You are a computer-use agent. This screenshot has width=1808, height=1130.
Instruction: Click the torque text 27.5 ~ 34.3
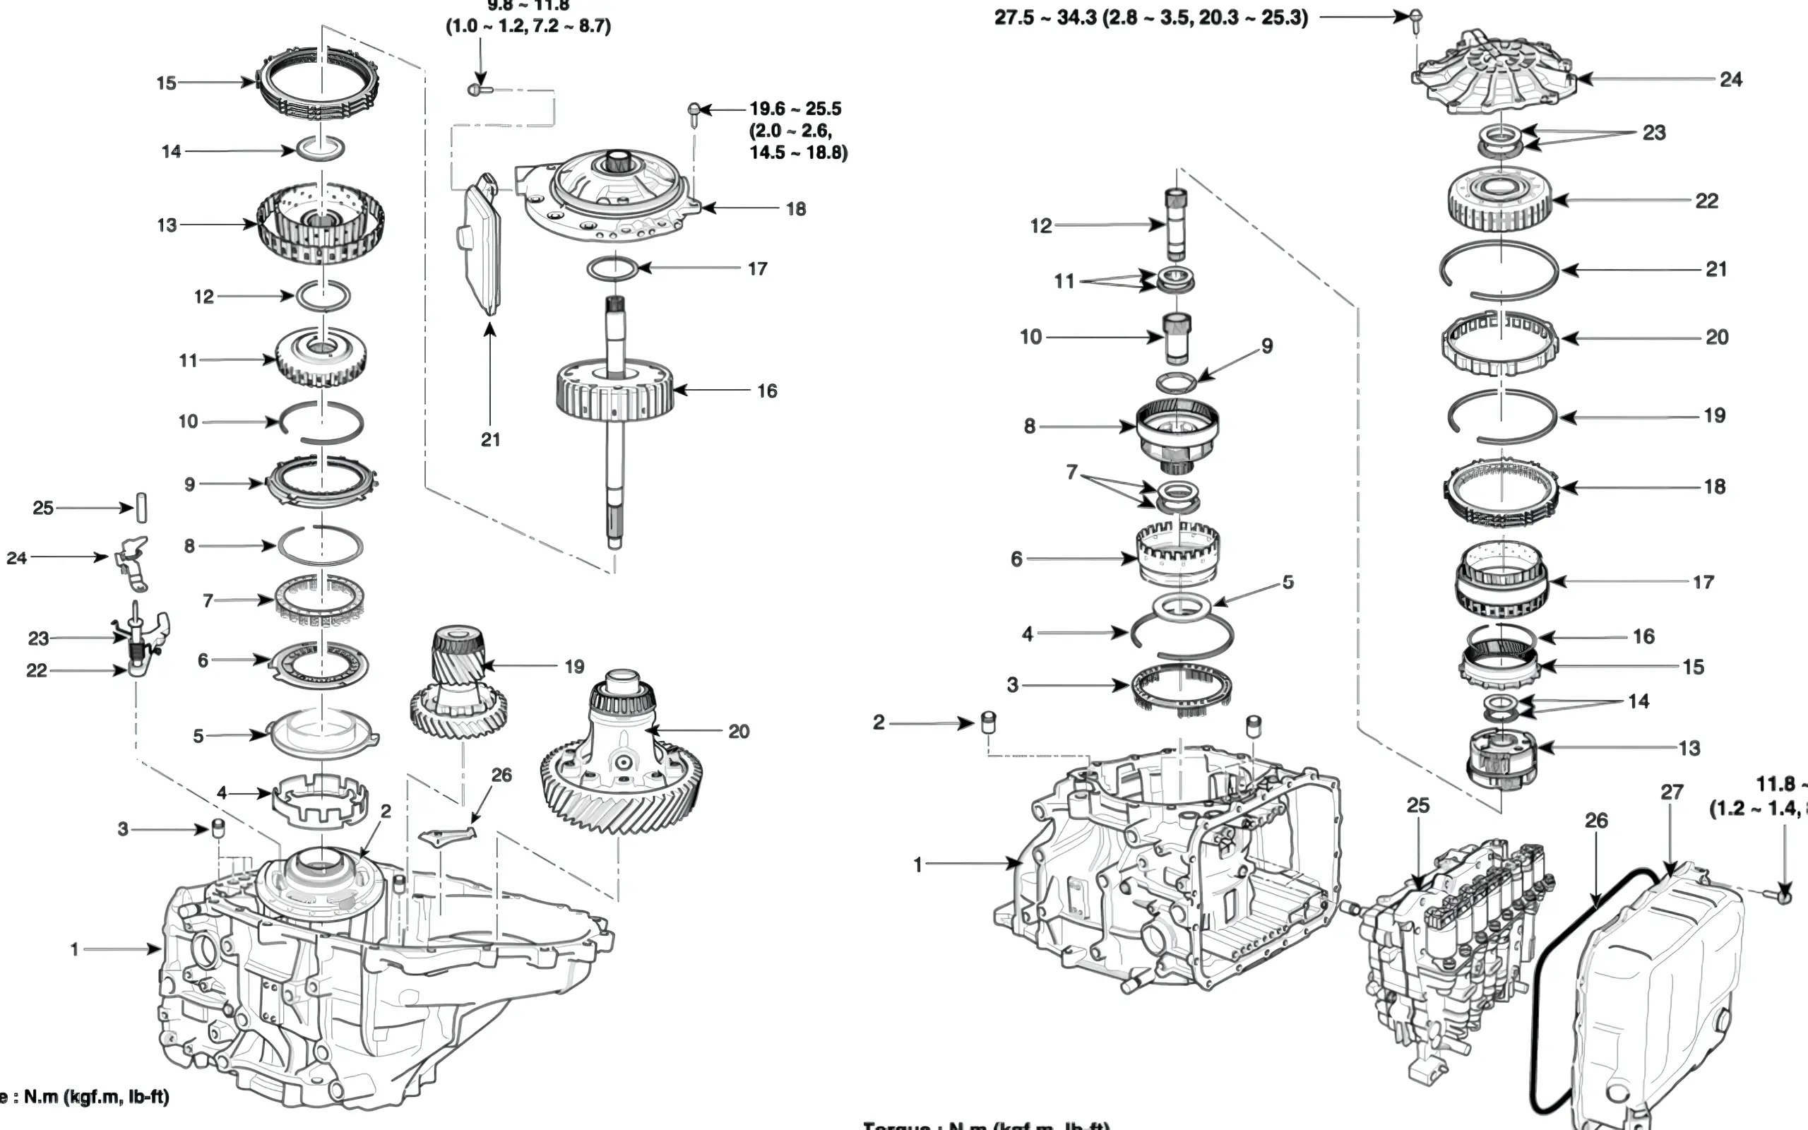1150,17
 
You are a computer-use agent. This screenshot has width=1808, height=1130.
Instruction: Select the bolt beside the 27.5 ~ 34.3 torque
1415,18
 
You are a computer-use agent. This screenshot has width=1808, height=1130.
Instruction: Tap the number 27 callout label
1672,792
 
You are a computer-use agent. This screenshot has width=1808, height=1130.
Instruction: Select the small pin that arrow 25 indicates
141,509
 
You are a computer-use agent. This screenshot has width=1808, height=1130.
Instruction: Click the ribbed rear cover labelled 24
1494,75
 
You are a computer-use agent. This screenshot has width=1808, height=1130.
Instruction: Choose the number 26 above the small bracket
501,775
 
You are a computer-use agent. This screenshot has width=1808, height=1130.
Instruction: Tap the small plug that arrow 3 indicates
218,827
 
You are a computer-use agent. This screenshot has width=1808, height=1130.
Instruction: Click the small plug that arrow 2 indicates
987,722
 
